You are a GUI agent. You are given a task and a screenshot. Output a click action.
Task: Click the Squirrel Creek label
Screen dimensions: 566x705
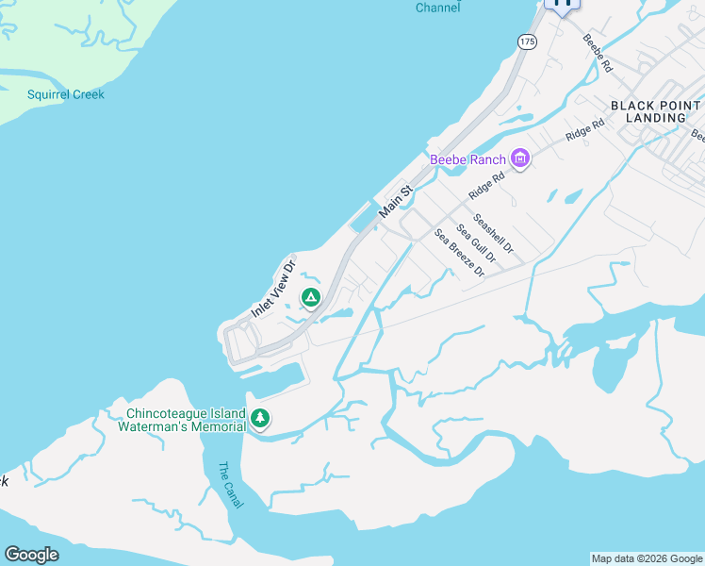(65, 94)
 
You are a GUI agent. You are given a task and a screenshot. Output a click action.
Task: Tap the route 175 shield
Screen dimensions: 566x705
(527, 42)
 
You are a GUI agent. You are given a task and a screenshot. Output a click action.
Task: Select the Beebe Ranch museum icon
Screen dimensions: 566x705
(519, 158)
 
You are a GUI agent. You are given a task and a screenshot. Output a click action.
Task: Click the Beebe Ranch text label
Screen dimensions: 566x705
(467, 159)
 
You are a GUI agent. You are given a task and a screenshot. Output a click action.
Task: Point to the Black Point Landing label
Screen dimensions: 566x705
(655, 111)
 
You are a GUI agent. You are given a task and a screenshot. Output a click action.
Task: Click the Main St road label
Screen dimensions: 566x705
(396, 203)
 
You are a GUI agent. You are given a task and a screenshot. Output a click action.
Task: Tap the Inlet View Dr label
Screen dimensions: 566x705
(273, 288)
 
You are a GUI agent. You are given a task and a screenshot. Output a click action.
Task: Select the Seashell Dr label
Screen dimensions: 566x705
(494, 234)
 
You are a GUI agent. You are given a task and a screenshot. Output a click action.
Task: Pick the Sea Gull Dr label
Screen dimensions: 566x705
(476, 242)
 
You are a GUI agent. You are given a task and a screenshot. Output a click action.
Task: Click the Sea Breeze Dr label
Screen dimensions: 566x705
(459, 253)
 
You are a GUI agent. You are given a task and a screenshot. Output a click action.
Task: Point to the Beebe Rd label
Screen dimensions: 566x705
(598, 54)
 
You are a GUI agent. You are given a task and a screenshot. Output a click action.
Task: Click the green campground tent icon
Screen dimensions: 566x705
(310, 298)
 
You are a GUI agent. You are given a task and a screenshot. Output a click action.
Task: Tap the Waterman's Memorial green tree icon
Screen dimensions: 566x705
(260, 418)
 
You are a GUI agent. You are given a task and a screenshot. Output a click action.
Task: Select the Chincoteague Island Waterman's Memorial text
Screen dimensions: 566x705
(186, 420)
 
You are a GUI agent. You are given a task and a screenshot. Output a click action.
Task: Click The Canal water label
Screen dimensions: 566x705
(230, 485)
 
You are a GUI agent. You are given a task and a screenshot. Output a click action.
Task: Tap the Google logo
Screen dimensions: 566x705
(31, 555)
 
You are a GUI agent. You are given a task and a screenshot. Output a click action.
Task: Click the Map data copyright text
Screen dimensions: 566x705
(648, 558)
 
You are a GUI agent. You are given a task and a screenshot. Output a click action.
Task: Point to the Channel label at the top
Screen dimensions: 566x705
(438, 8)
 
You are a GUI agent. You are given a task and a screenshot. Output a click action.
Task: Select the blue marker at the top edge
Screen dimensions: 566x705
(563, 4)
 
